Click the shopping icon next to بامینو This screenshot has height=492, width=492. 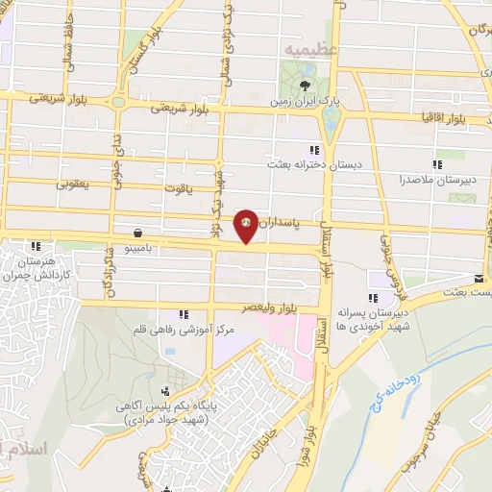[140, 233]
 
